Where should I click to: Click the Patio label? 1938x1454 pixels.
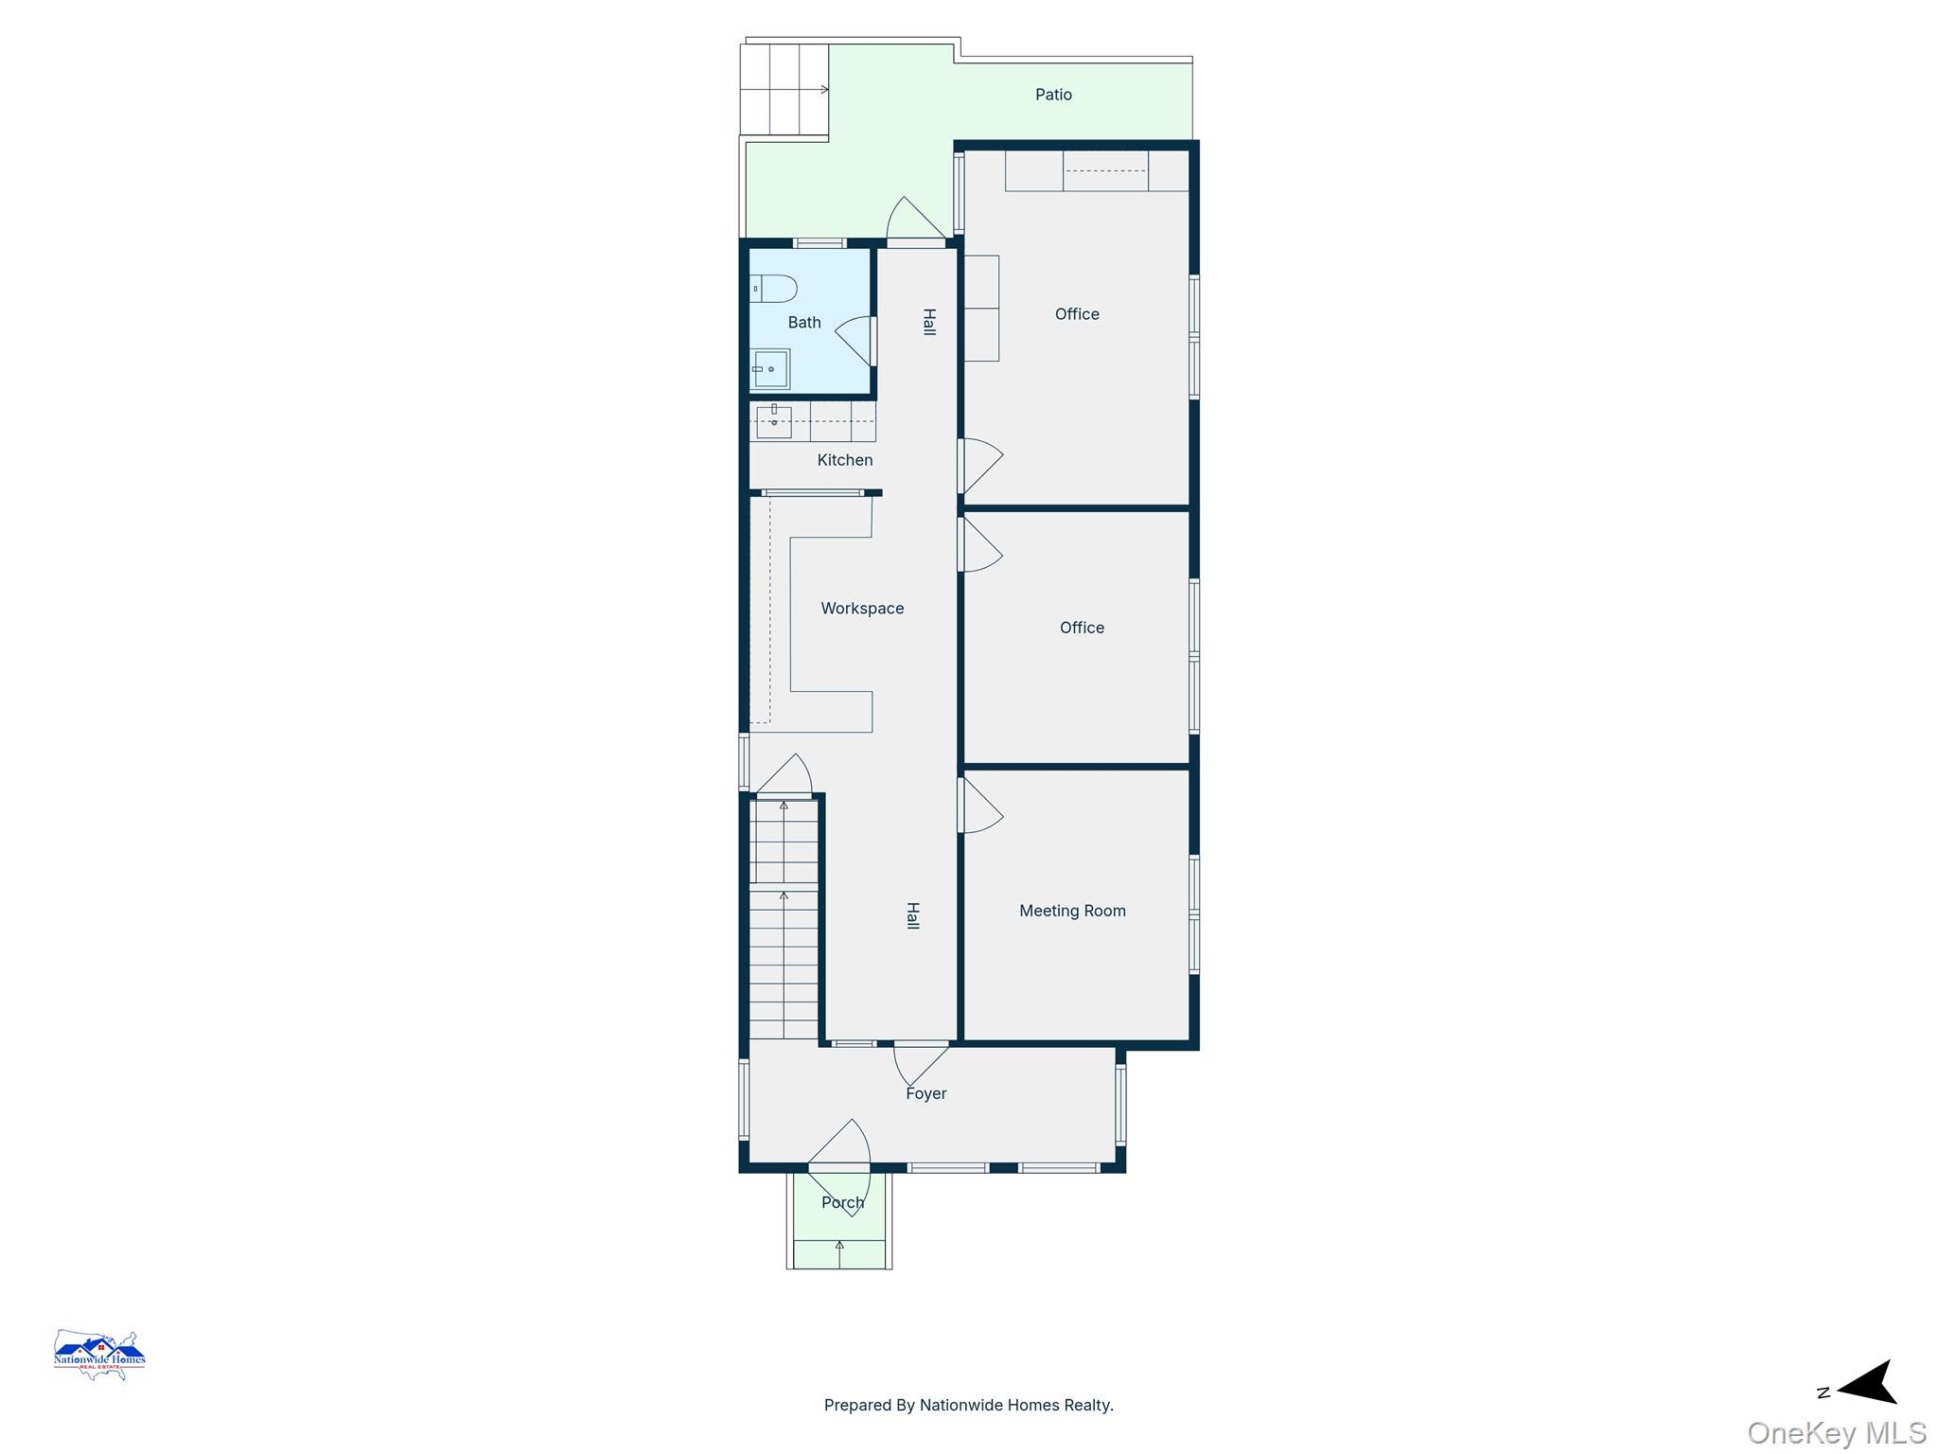pyautogui.click(x=1053, y=95)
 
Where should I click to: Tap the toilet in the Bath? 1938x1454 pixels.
pyautogui.click(x=774, y=288)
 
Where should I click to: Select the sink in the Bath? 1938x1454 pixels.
pyautogui.click(x=770, y=369)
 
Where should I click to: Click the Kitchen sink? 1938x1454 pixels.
pyautogui.click(x=774, y=421)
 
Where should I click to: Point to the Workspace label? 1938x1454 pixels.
pyautogui.click(x=862, y=609)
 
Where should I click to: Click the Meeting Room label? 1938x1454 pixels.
pyautogui.click(x=1072, y=911)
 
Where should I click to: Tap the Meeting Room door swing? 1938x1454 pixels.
pyautogui.click(x=981, y=806)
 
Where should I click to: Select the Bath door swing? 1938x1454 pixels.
pyautogui.click(x=854, y=341)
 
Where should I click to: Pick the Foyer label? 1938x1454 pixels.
pyautogui.click(x=925, y=1093)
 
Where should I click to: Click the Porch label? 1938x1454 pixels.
pyautogui.click(x=842, y=1202)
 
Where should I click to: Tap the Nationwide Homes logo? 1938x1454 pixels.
pyautogui.click(x=99, y=1355)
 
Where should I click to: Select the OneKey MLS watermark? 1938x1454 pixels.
pyautogui.click(x=1837, y=1432)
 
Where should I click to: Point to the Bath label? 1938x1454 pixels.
pyautogui.click(x=804, y=323)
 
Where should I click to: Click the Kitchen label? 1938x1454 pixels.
pyautogui.click(x=845, y=460)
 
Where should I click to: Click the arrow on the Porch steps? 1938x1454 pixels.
pyautogui.click(x=839, y=1253)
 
